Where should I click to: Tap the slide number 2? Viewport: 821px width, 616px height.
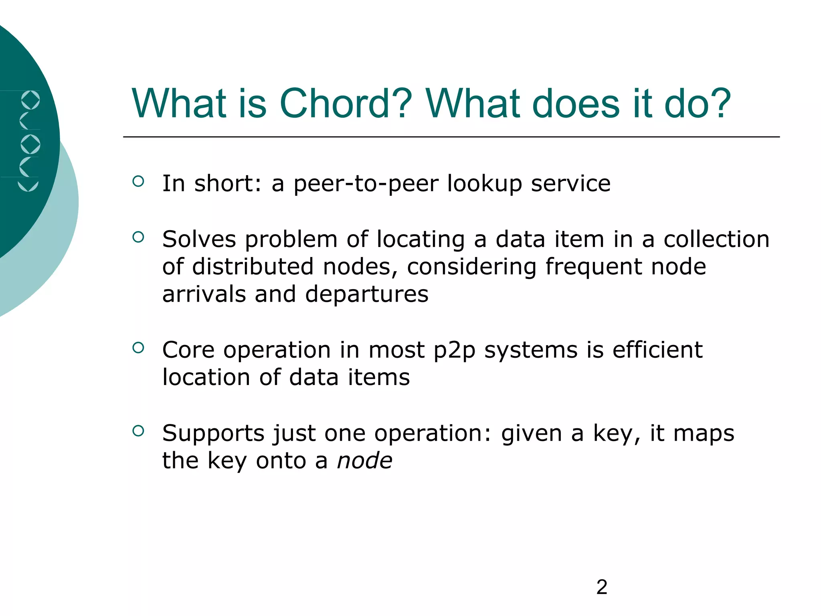click(602, 587)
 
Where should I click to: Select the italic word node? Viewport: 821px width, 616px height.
click(364, 460)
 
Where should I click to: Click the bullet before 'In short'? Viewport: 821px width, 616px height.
click(138, 181)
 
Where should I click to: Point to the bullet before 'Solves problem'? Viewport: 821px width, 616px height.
click(138, 237)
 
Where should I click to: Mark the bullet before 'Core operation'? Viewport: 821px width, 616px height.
click(138, 348)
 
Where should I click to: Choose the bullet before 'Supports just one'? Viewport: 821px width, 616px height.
click(138, 431)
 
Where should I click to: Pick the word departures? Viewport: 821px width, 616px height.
click(366, 295)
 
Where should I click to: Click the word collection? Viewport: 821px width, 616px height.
click(716, 239)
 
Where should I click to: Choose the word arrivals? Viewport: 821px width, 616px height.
click(204, 294)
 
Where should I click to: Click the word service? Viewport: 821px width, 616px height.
click(570, 184)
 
